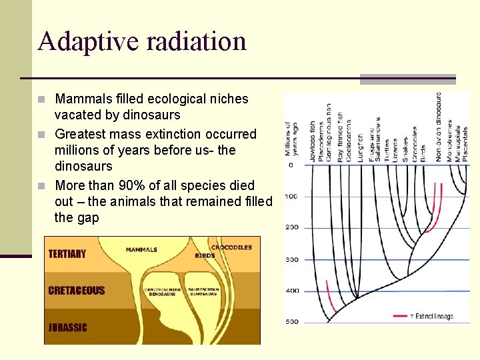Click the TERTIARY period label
point(67,254)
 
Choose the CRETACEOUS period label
point(77,291)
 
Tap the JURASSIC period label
point(67,327)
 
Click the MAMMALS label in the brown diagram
point(141,250)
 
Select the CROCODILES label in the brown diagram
point(231,247)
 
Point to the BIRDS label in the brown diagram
point(205,255)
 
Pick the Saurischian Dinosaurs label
point(203,291)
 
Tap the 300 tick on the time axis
point(292,259)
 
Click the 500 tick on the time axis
point(292,323)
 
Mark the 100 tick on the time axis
point(292,196)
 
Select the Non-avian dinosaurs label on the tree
point(438,127)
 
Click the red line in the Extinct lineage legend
point(401,316)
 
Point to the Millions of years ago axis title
point(291,139)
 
